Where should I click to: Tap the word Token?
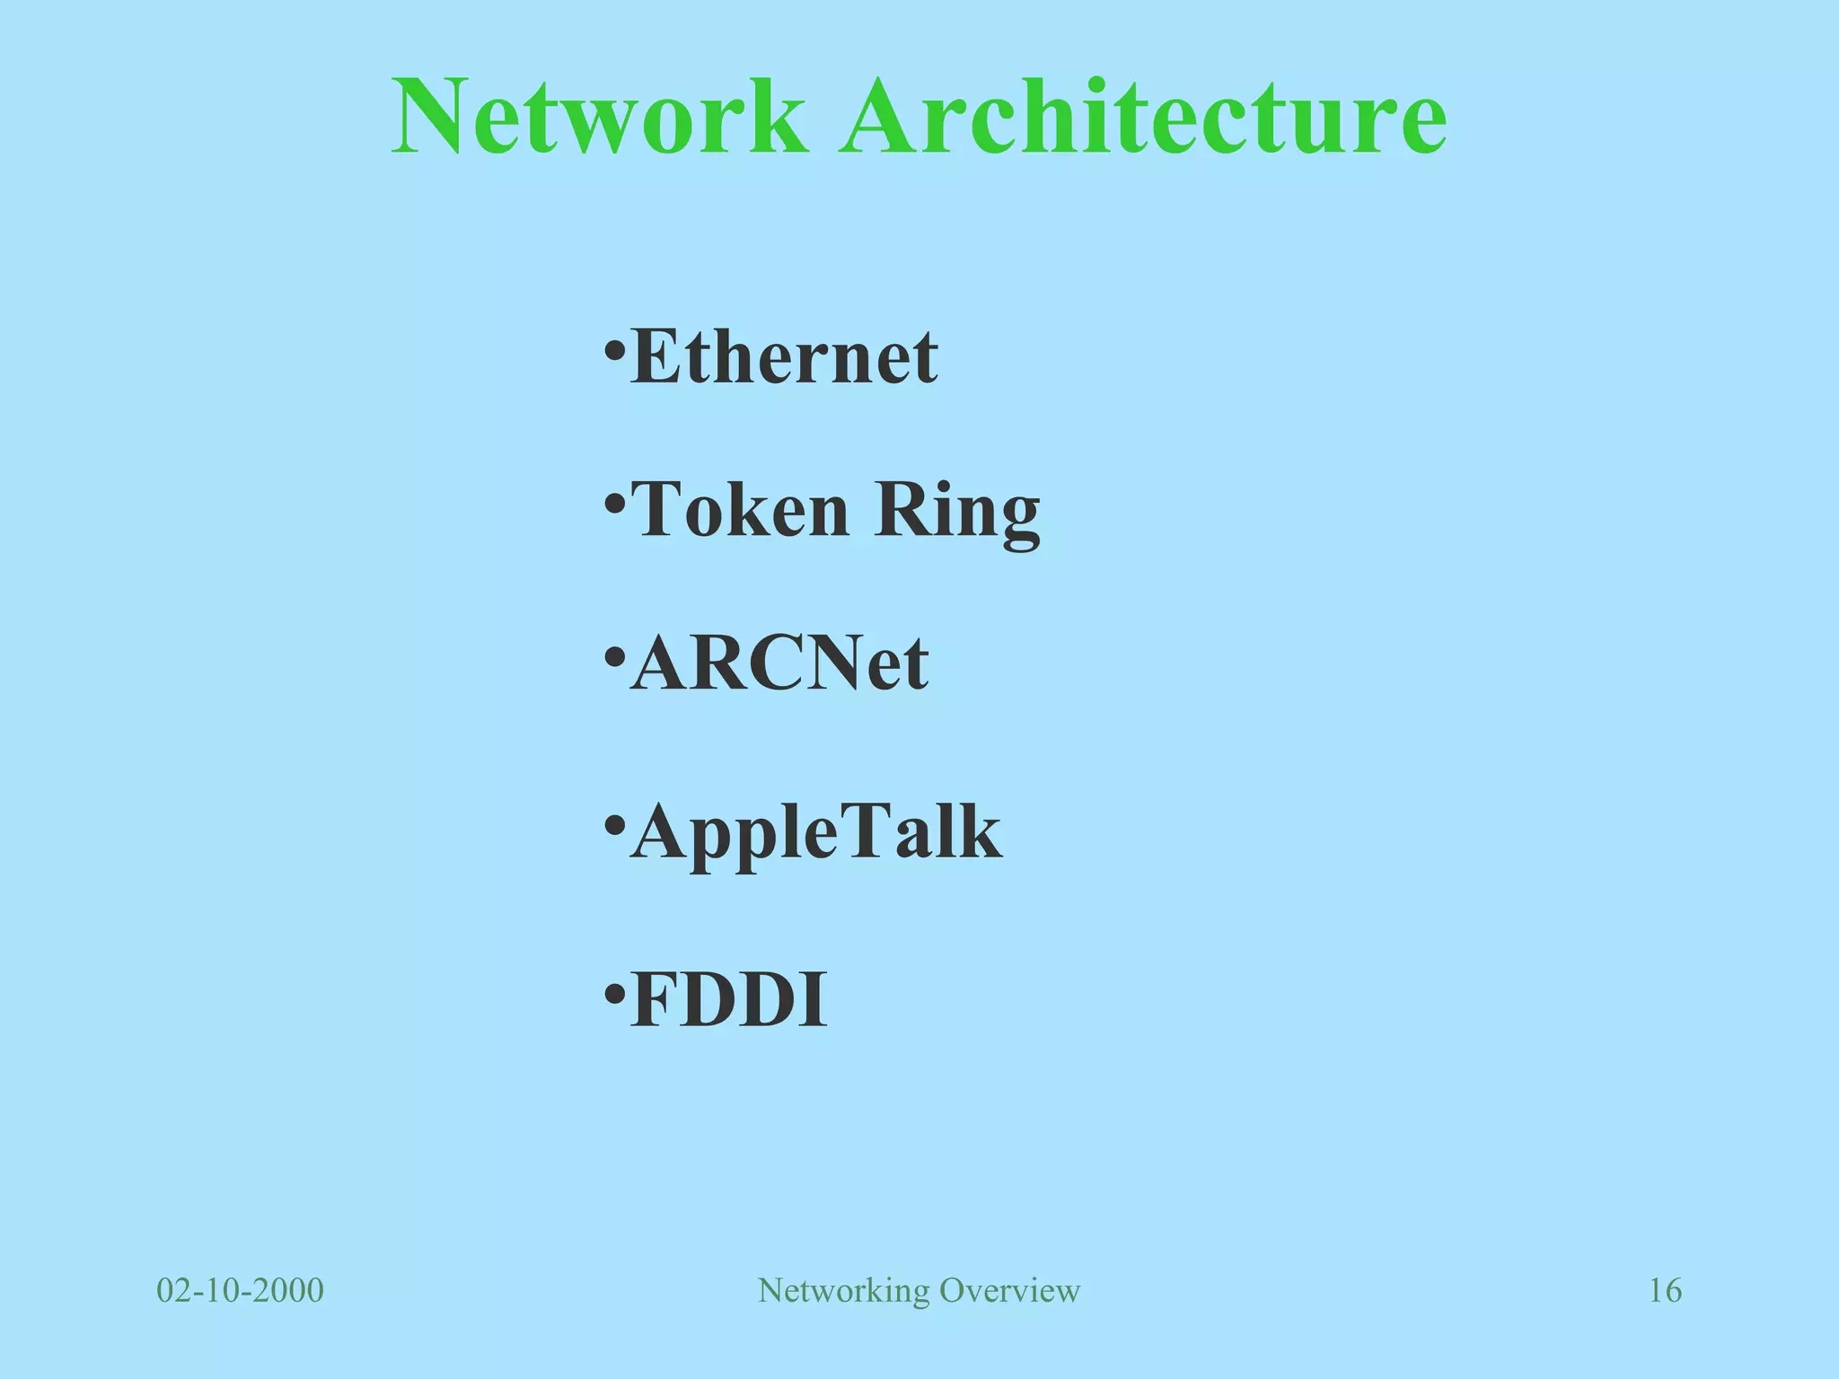coord(740,509)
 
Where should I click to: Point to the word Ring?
coord(957,512)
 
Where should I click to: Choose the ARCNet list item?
coord(779,663)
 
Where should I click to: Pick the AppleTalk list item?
coord(815,832)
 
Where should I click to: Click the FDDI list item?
coord(728,1000)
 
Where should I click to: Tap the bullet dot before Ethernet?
coord(614,349)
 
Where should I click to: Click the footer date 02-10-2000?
coord(240,1291)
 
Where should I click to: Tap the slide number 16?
coord(1665,1291)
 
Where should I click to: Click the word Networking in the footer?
coord(843,1291)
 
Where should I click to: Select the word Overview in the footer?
coord(1009,1291)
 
